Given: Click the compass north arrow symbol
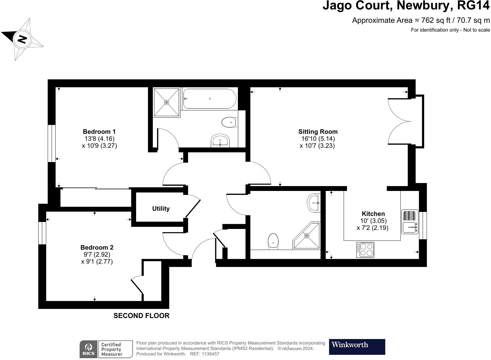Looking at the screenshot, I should [22, 39].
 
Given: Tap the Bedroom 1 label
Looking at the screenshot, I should [99, 132].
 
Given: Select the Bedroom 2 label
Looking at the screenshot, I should [97, 247].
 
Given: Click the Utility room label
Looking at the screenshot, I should [161, 209].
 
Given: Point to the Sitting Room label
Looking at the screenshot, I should [318, 132].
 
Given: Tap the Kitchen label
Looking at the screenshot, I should [373, 214].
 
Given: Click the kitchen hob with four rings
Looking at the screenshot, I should [365, 250].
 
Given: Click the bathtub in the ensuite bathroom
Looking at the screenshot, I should [210, 99].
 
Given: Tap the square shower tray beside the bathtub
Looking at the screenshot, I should [167, 102].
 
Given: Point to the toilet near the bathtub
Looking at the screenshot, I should [229, 123].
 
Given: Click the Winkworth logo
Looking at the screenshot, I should [357, 347].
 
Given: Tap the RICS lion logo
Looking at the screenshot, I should [89, 349].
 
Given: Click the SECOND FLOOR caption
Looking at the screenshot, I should [141, 316].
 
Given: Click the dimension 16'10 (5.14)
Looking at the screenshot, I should [318, 139].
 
